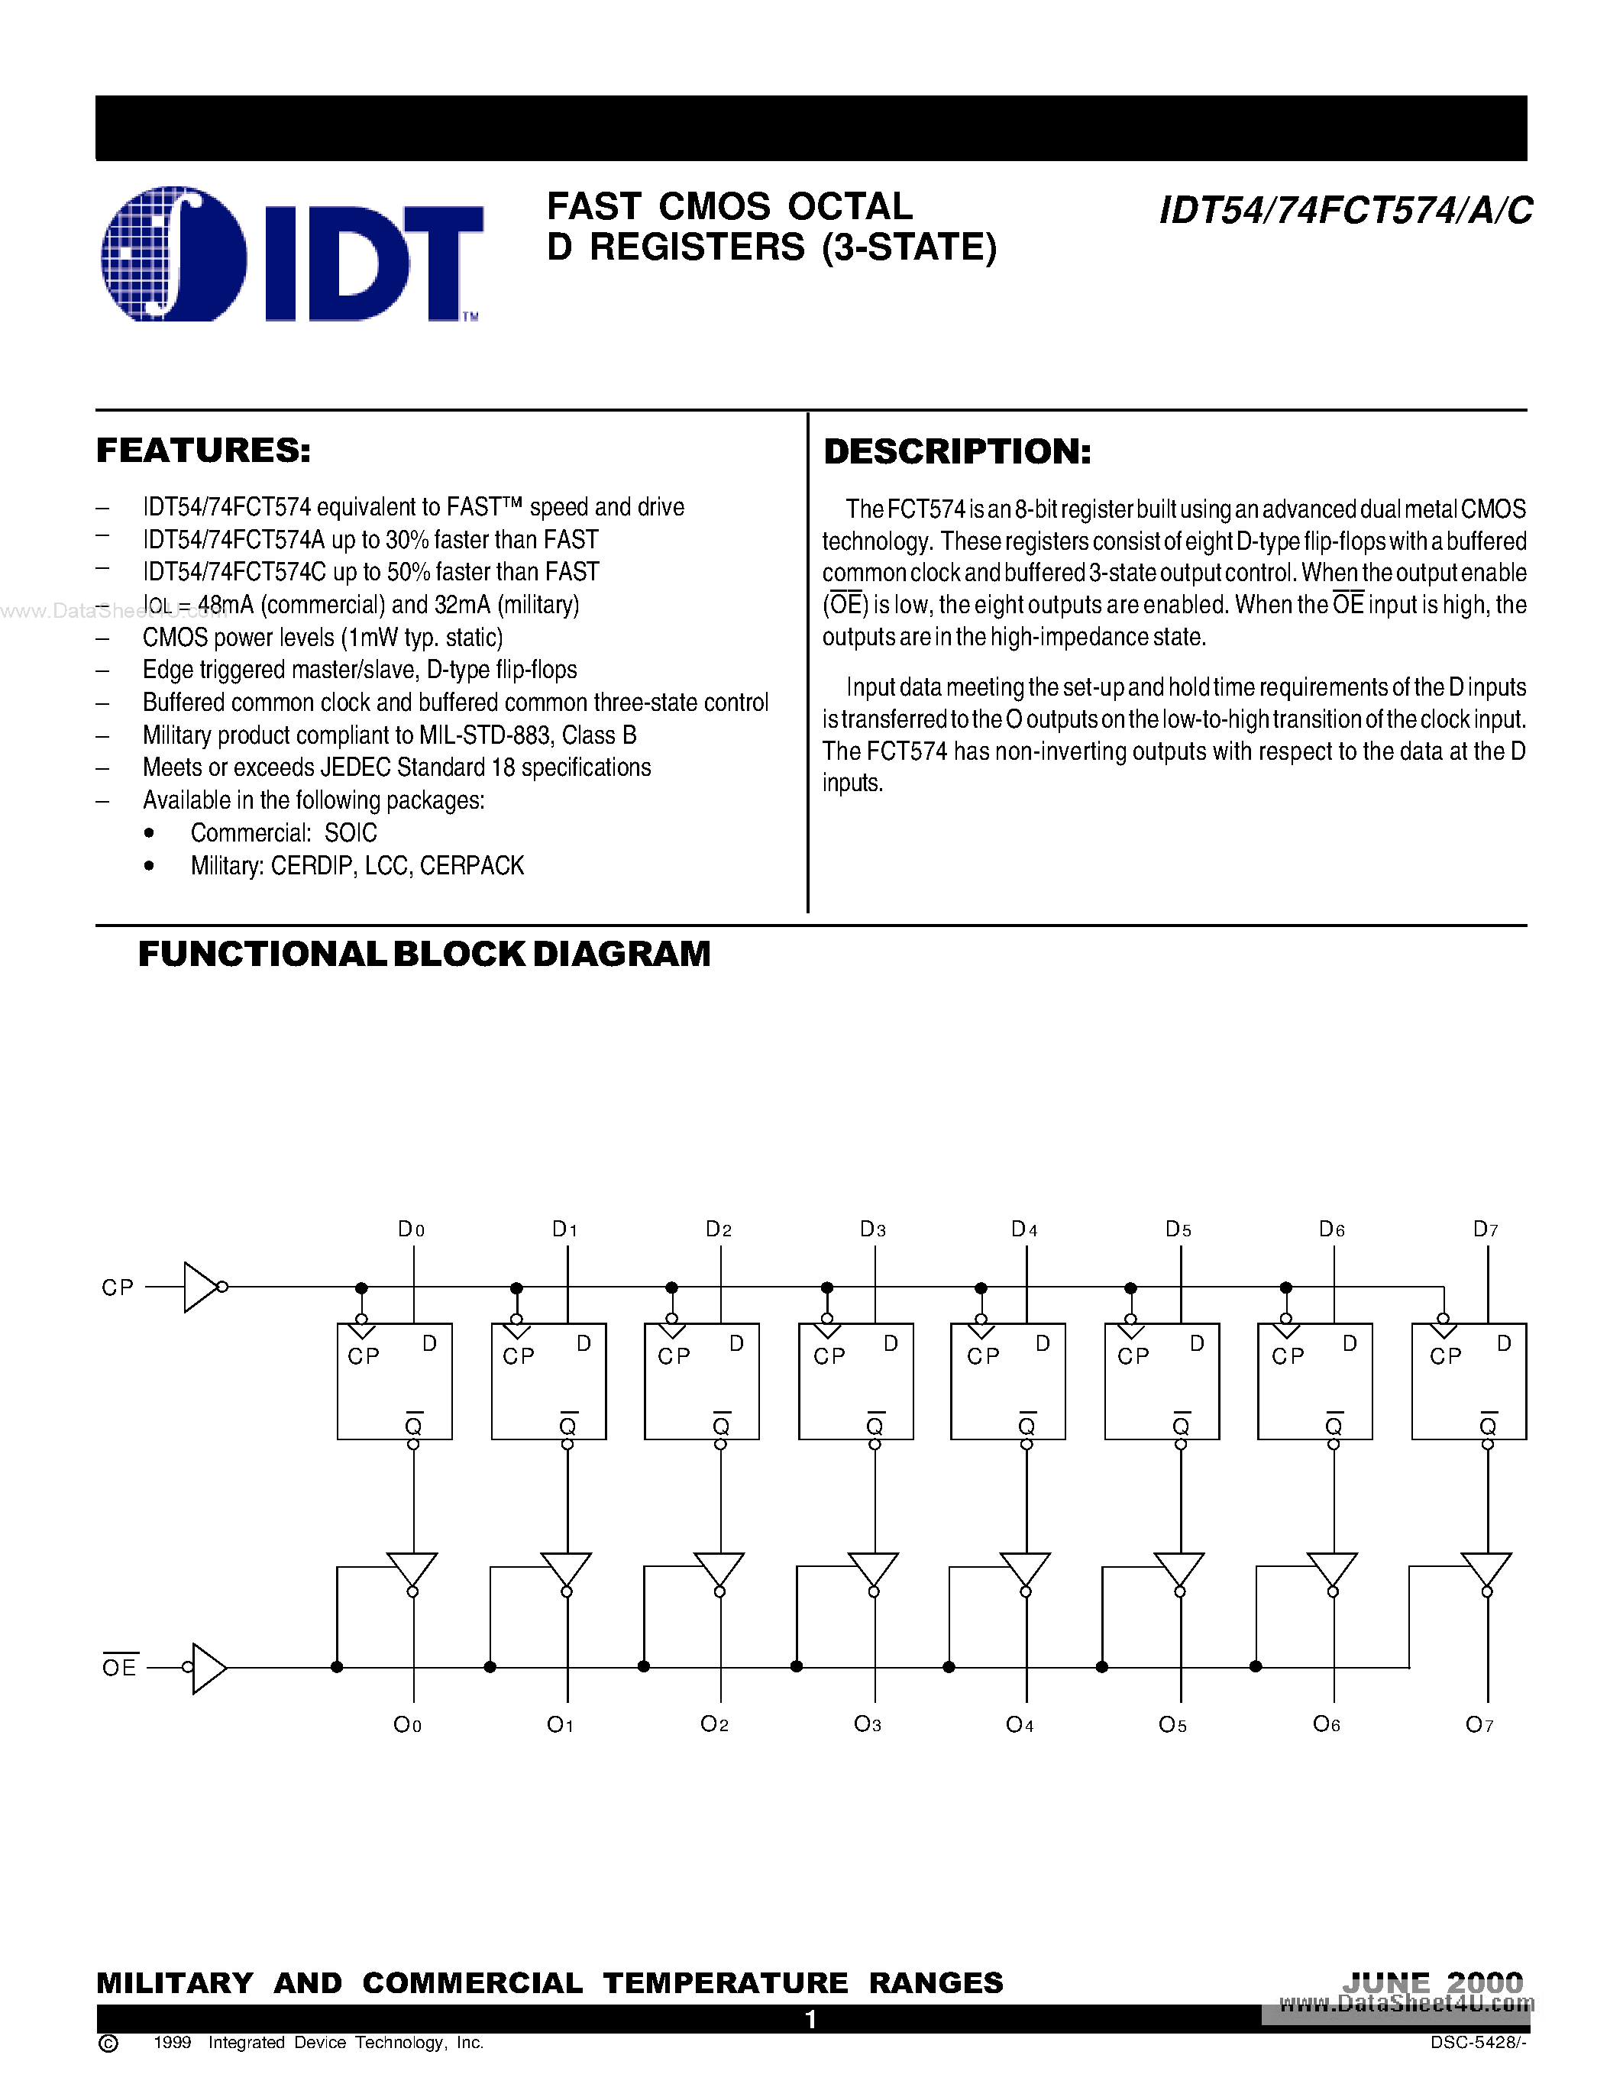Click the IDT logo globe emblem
pos(174,254)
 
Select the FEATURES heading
pos(203,450)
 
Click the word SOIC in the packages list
pos(350,832)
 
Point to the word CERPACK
pos(472,865)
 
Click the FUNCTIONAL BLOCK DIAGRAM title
pos(424,954)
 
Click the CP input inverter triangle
pos(200,1287)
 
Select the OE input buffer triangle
pos(209,1667)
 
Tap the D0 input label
pos(411,1229)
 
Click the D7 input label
pos(1486,1229)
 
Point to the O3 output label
pos(868,1724)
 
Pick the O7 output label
pos(1479,1724)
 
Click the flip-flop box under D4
pos(1007,1381)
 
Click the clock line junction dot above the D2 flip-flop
pos(671,1287)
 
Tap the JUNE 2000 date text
pos(1433,1982)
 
